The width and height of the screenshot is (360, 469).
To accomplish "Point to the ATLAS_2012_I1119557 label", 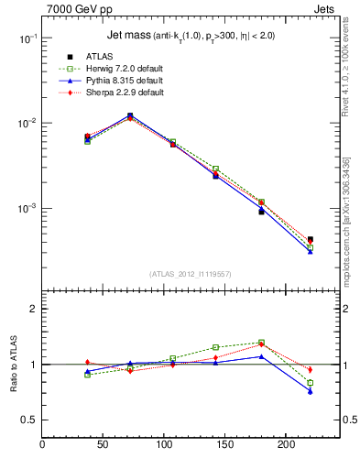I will (x=191, y=274).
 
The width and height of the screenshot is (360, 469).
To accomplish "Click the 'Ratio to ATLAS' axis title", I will (x=14, y=364).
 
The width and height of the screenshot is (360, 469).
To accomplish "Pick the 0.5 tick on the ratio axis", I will (x=29, y=420).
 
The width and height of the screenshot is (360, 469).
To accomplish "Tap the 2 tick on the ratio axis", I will (x=33, y=309).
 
